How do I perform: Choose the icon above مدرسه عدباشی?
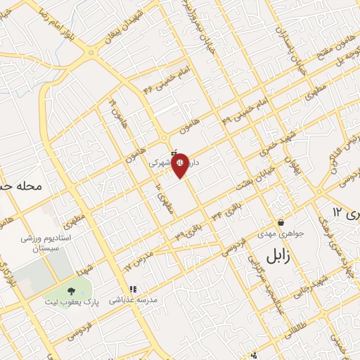coord(131,288)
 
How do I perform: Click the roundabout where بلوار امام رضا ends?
coord(91,52)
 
